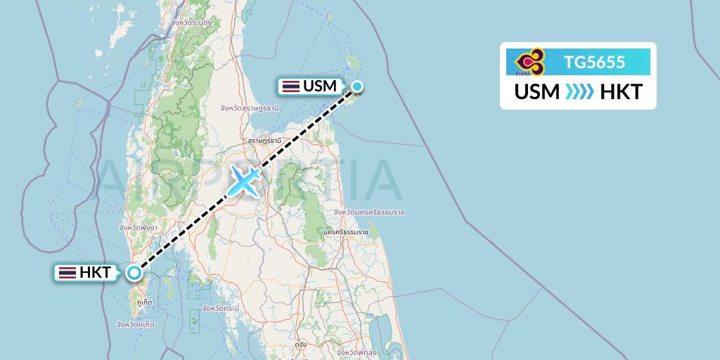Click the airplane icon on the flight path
[243, 181]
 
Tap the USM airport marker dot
[357, 87]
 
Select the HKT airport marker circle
[134, 273]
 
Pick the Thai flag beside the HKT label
[67, 273]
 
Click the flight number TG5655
[594, 63]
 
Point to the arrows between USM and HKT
[579, 92]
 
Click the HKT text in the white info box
[621, 92]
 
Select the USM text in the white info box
[537, 92]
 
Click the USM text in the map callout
[320, 86]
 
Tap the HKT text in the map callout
[96, 273]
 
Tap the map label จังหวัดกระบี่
[220, 308]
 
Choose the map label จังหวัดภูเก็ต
[136, 324]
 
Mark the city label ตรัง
[301, 345]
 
